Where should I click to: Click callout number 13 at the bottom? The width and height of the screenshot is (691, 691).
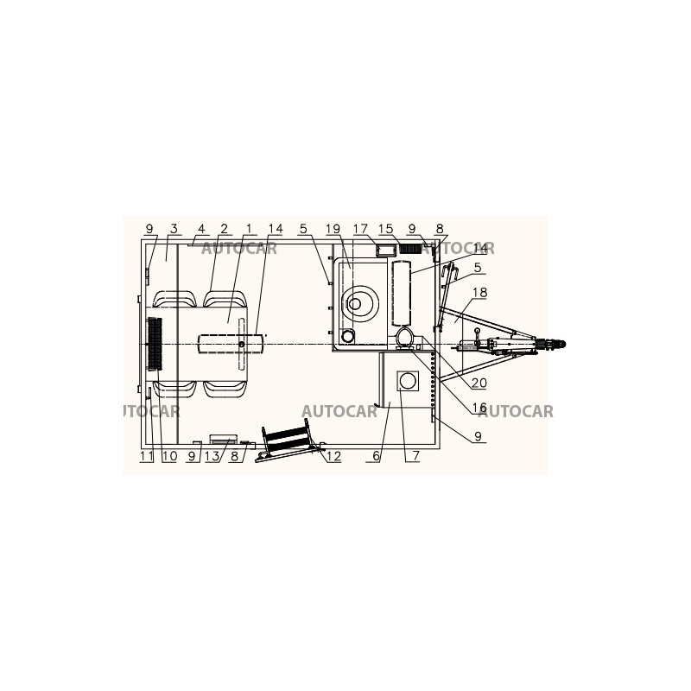(x=212, y=456)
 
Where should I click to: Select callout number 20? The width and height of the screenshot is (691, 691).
(x=479, y=383)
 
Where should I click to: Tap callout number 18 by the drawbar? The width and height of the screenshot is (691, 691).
(x=480, y=292)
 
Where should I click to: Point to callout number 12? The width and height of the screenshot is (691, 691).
(x=334, y=456)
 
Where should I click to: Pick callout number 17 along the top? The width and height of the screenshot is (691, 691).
(x=360, y=229)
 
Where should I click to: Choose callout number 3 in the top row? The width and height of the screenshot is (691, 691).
(x=174, y=229)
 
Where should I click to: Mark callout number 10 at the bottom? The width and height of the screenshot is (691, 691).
(x=169, y=456)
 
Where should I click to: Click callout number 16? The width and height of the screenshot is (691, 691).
(x=479, y=408)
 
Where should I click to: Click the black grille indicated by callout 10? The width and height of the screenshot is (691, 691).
(x=155, y=343)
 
